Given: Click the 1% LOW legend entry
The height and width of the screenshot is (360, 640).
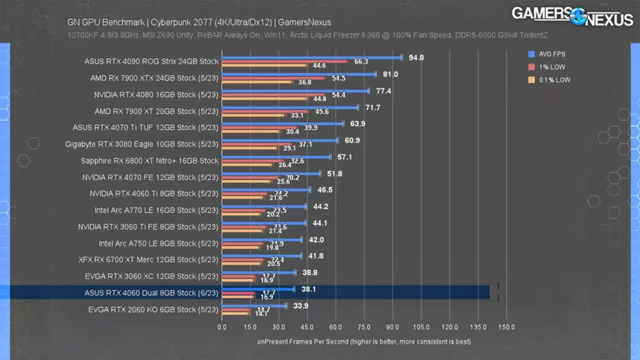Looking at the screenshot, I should coord(550,67).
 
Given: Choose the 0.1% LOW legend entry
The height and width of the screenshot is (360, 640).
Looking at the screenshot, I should coord(552,80).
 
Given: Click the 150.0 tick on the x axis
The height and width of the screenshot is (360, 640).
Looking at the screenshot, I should coord(506,327).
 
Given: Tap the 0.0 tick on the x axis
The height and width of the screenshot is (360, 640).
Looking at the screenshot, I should coord(222,327).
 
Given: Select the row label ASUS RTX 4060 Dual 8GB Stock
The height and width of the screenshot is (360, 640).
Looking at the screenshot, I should coord(151,292).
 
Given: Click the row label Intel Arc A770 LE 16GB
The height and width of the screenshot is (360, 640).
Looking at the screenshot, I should coord(156,210).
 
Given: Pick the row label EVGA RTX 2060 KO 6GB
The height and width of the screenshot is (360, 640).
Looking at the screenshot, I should coord(152,309).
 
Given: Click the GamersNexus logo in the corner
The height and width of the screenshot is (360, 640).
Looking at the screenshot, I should coord(572,16).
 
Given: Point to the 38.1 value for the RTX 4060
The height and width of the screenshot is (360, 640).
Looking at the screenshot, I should coord(308,289).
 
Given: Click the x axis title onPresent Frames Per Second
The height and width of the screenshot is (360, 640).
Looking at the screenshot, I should coord(364,342).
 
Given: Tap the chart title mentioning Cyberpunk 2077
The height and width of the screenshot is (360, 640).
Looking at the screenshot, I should coord(199,22).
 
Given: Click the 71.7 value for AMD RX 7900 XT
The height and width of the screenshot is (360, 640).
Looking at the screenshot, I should coord(372,107).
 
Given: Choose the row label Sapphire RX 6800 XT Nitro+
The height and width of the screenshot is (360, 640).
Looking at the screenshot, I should coord(149,161).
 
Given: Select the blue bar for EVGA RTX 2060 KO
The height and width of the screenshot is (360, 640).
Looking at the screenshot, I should coord(254,306).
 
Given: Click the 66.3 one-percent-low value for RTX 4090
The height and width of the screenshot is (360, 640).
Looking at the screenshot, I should coord(361,62).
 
